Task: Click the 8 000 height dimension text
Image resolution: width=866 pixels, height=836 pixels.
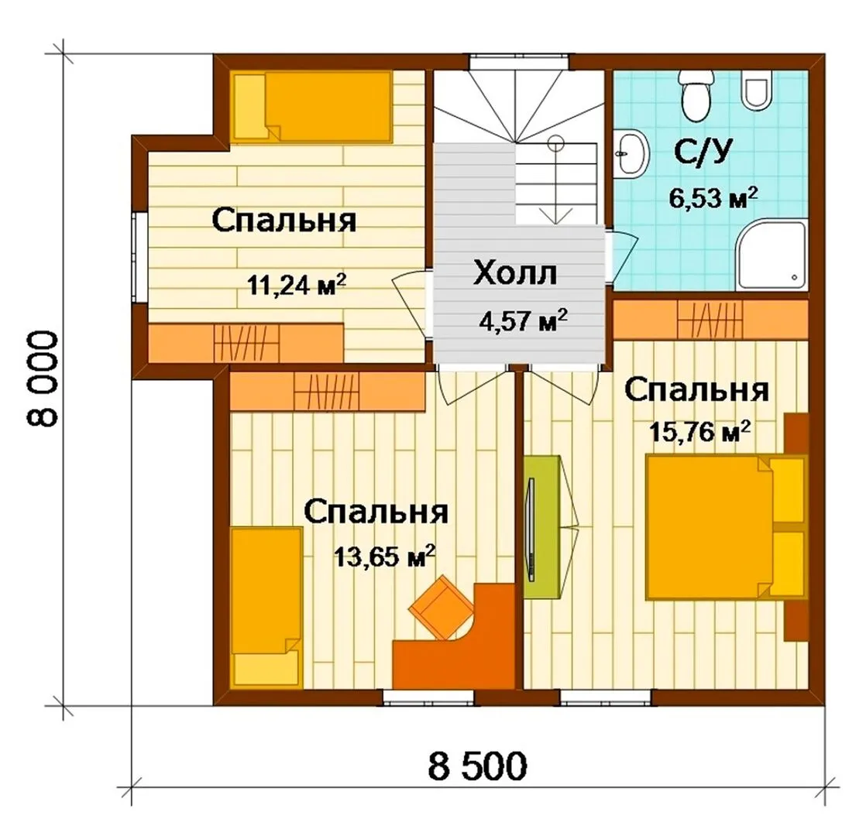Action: (41, 380)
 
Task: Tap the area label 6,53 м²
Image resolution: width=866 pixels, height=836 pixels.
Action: (713, 197)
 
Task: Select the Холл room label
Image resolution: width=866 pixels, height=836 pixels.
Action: (515, 273)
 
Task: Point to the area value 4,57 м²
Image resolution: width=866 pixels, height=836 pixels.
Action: (523, 320)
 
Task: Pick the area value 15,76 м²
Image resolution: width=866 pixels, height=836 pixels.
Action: (699, 431)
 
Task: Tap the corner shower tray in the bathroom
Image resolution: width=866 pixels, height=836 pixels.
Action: (773, 255)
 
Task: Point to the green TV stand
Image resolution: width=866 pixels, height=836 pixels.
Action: (541, 527)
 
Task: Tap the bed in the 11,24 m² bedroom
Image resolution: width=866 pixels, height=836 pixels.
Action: (313, 107)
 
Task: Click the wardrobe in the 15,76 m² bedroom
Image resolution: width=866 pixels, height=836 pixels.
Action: (710, 320)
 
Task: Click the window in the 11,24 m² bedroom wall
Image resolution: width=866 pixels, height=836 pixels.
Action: (138, 258)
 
